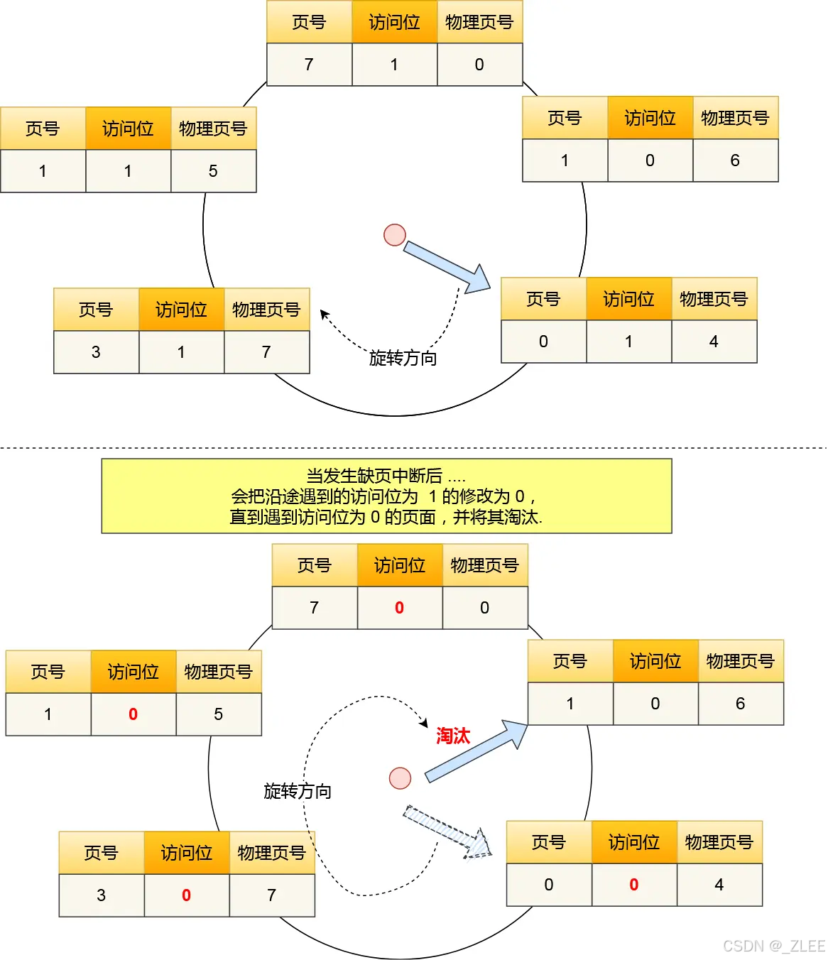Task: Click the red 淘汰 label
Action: pos(453,736)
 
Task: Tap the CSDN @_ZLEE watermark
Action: pos(773,946)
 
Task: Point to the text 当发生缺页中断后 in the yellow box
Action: pos(374,475)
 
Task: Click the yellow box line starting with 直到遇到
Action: pos(386,517)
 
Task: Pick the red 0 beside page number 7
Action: pos(399,608)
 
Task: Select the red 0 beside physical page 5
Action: pos(133,714)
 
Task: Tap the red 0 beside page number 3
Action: pos(186,895)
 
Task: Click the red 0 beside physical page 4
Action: pos(633,885)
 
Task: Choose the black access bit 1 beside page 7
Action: pos(394,65)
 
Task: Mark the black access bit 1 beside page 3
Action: pos(181,352)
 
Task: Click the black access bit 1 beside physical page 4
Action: pos(628,342)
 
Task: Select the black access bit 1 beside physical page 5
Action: pos(128,171)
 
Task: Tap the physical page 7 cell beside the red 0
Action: pos(271,895)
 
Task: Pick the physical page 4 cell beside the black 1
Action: pos(714,342)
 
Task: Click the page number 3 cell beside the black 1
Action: pos(96,352)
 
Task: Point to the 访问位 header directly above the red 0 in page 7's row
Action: pos(399,565)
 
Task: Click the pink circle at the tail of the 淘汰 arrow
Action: pos(401,778)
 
